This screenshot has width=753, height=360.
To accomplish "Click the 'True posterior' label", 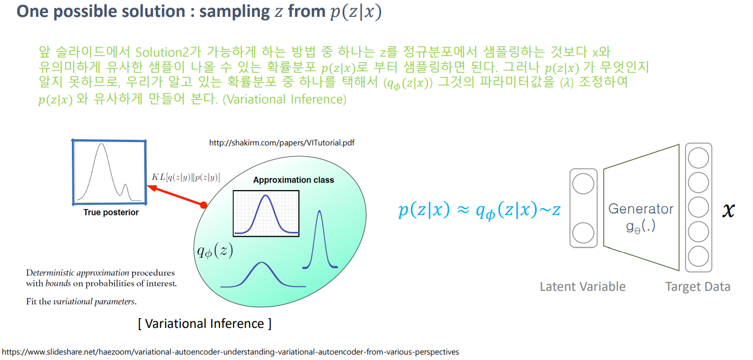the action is coord(111,212).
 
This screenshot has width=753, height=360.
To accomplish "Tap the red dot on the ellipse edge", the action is coord(203,205).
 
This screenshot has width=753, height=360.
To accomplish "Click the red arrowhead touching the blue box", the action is coord(152,187).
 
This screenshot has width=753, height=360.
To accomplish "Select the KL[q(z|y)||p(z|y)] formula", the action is coord(186,177).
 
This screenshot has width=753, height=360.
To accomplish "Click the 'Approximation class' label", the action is coord(294,180).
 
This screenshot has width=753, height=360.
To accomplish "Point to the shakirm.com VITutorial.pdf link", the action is coord(282,143).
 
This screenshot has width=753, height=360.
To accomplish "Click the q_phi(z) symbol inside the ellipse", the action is coord(215,251).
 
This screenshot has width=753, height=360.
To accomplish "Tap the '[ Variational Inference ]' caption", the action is coord(205,324).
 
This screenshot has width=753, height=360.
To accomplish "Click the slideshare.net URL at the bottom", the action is coord(230,352).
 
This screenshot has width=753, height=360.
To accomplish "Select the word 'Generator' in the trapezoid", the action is coord(641,209).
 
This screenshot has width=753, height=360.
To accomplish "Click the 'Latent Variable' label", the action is coord(582,286).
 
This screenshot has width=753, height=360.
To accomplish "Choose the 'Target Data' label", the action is coord(698,286).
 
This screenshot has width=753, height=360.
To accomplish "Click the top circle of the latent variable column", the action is coord(583,184).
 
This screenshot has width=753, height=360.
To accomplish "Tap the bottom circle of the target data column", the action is coord(699,257).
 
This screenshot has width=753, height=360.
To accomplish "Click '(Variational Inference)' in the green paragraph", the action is coord(284,100).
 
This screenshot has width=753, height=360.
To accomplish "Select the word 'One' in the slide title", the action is coord(33,11).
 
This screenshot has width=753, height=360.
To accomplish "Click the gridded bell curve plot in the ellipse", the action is coord(266,213).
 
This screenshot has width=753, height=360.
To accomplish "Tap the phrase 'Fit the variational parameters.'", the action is coord(81,302).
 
